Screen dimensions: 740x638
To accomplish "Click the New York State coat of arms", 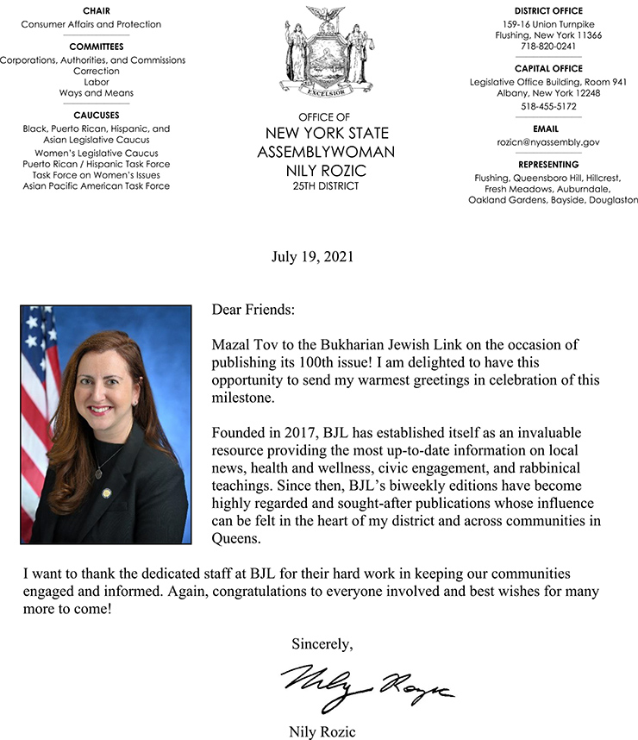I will point(325,50).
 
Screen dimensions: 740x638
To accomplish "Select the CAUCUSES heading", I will point(96,115).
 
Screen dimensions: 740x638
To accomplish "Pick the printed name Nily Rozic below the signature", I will point(322,732).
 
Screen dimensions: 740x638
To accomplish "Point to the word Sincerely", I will point(322,643).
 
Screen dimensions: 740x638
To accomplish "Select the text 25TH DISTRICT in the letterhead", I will point(326,185).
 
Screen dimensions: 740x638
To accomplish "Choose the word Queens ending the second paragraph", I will point(235,540).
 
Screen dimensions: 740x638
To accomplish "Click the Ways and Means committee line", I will point(96,93).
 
